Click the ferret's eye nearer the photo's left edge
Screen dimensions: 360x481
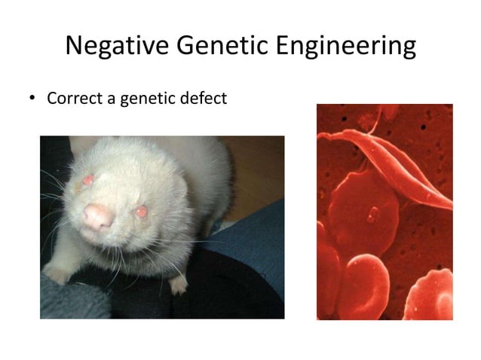coord(88,180)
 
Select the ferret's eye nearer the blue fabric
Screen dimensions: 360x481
coord(141,212)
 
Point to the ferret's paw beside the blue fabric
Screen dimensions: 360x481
coord(178,284)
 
